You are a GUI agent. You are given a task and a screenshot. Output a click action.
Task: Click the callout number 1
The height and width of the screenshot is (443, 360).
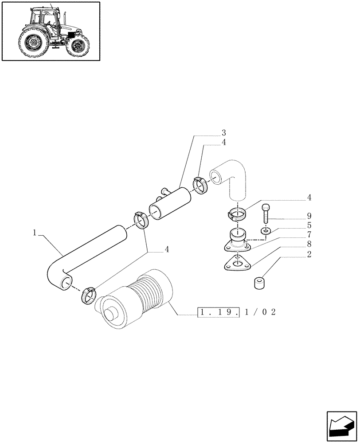pyautogui.click(x=34, y=232)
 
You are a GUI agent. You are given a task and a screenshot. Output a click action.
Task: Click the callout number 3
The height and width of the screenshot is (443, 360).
pyautogui.click(x=224, y=133)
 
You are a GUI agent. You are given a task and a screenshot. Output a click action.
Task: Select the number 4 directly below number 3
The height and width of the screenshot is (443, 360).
pyautogui.click(x=224, y=142)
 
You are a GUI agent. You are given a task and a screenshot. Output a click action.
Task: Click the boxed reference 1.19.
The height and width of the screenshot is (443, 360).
pyautogui.click(x=220, y=312)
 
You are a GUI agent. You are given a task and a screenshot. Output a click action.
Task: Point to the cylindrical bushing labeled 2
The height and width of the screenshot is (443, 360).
pyautogui.click(x=259, y=283)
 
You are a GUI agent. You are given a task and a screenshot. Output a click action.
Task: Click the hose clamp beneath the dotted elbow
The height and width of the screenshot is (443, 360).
pyautogui.click(x=237, y=214)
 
